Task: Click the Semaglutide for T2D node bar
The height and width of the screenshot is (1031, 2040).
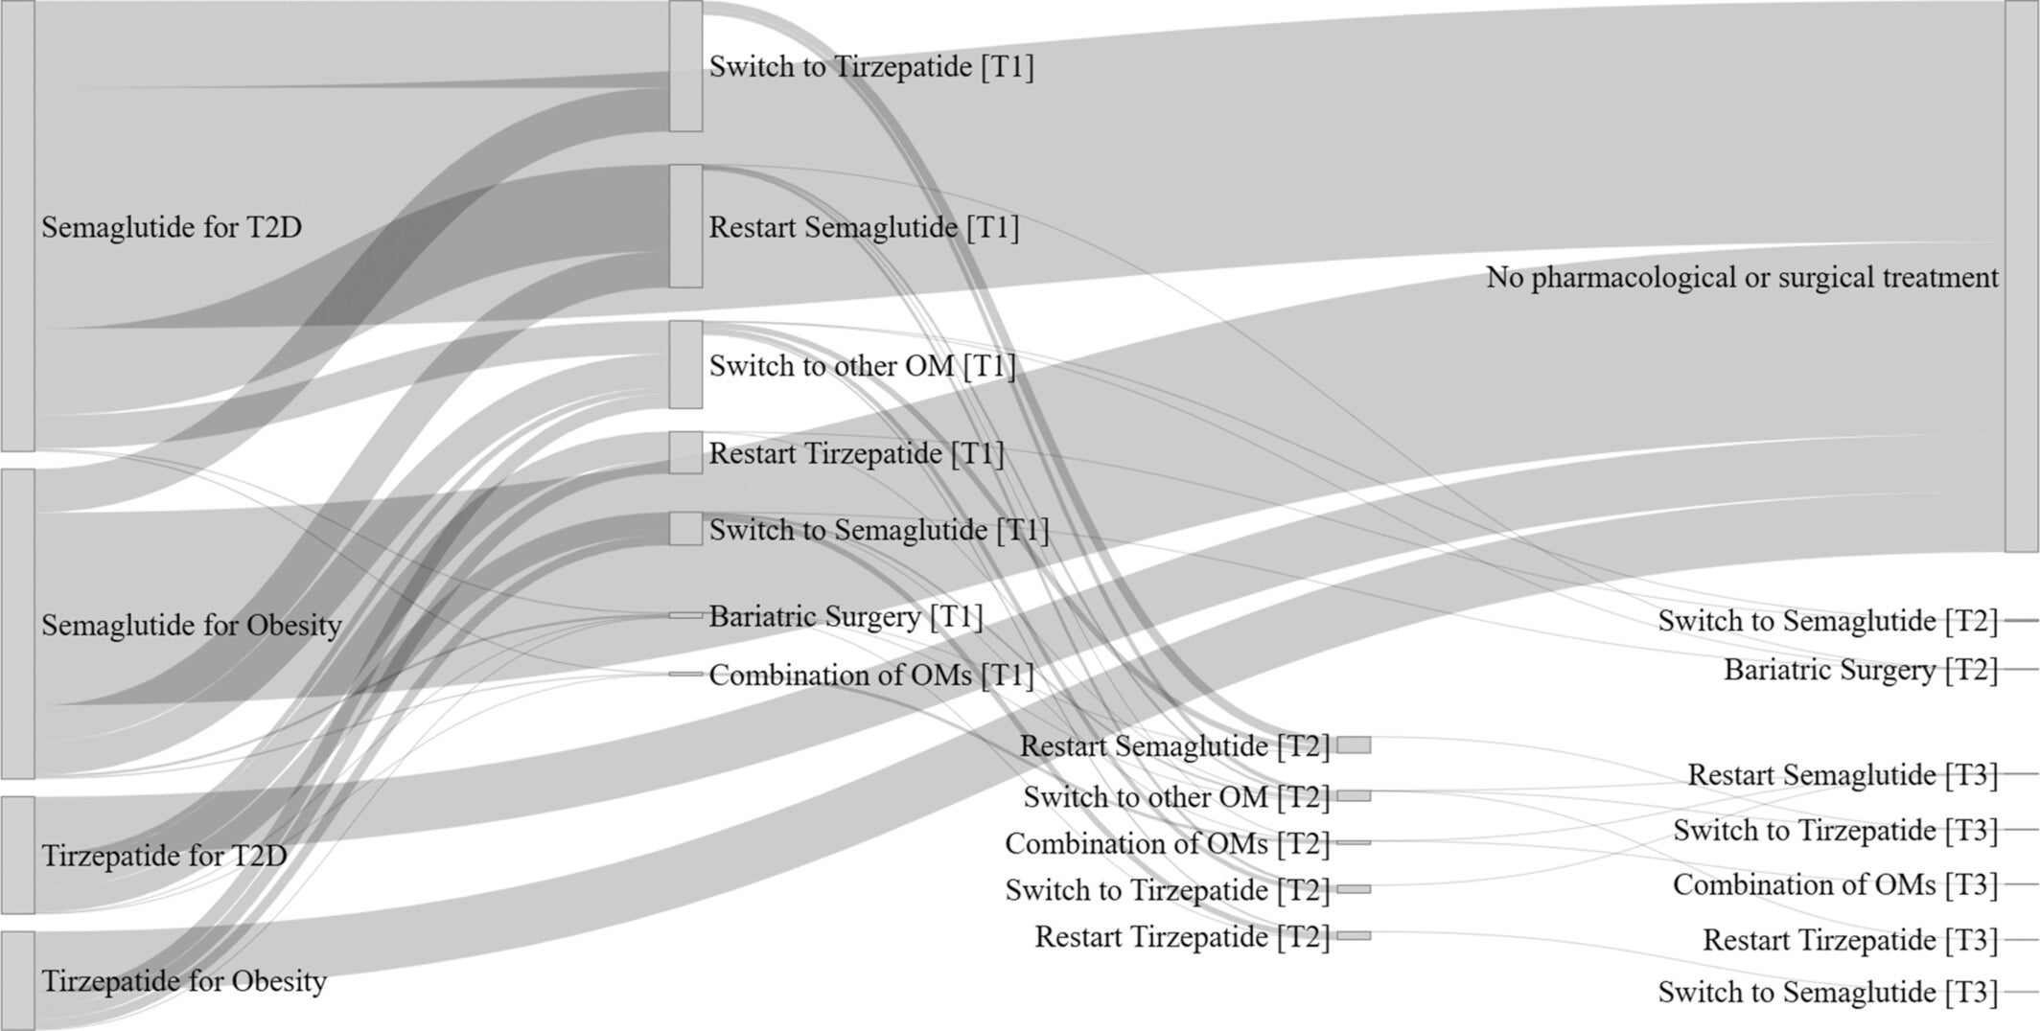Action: [x=17, y=225]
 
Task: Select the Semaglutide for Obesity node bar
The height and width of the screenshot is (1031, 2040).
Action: [x=17, y=623]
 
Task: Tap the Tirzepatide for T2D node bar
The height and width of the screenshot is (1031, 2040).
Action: [x=17, y=855]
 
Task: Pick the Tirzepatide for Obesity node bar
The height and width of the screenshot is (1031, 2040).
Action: [x=17, y=979]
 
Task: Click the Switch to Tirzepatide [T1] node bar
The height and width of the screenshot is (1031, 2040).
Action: [x=685, y=66]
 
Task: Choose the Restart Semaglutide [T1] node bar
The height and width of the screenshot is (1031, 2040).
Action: [x=685, y=226]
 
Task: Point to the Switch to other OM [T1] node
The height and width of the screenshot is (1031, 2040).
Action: [x=685, y=364]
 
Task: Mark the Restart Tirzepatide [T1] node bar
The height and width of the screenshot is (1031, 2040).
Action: [x=685, y=452]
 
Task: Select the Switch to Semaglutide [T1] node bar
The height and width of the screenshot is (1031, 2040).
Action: [x=685, y=529]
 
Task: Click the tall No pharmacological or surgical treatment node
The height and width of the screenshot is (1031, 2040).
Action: [x=2021, y=276]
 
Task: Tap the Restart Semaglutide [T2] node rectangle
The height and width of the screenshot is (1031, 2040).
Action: [x=1354, y=745]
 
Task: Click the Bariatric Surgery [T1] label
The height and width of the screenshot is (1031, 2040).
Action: [x=846, y=616]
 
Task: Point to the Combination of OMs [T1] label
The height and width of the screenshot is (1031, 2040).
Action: [x=871, y=676]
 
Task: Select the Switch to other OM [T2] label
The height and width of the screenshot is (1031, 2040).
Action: [x=1176, y=796]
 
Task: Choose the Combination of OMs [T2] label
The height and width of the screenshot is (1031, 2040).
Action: [x=1167, y=843]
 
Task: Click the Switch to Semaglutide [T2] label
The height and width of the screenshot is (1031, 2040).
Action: [x=1827, y=621]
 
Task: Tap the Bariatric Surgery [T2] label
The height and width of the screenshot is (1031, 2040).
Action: [x=1861, y=670]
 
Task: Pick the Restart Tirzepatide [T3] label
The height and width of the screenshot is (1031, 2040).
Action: [x=1850, y=940]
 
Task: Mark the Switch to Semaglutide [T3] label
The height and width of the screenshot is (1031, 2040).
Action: [x=1827, y=992]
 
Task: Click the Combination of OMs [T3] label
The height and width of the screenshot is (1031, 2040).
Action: [x=1835, y=884]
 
